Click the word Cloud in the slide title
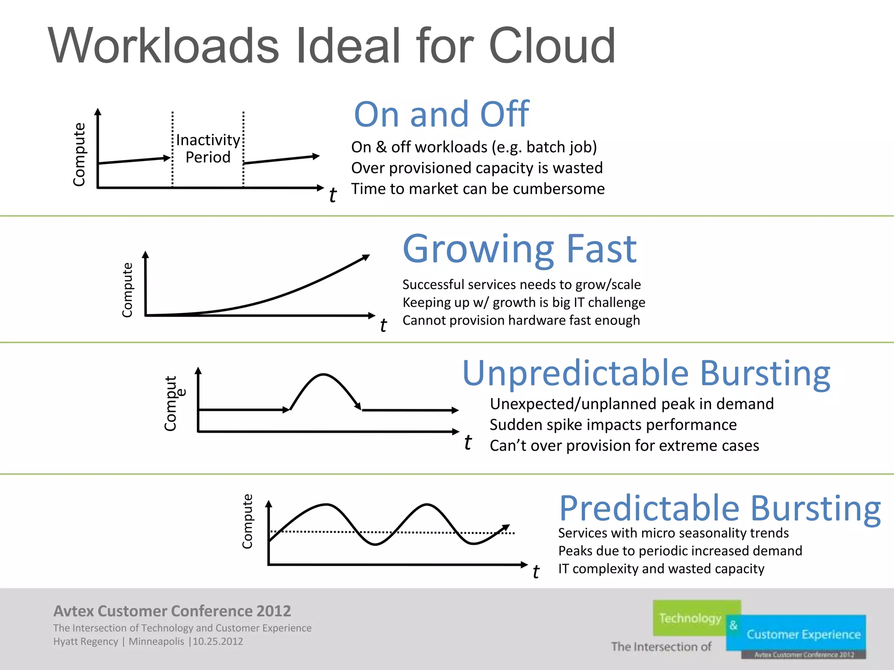[x=552, y=46]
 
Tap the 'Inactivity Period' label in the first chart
[x=208, y=148]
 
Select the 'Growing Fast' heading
[x=519, y=249]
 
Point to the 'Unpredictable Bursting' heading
[x=646, y=374]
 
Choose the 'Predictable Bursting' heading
[x=720, y=509]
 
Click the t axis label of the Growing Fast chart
[x=383, y=325]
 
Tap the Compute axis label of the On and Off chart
[x=79, y=154]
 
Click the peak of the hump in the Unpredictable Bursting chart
[x=323, y=375]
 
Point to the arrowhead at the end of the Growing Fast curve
[x=366, y=257]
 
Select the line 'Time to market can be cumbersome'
[x=478, y=189]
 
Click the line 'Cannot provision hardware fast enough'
[x=521, y=321]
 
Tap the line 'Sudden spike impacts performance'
[x=613, y=425]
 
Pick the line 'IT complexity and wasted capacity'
[x=661, y=569]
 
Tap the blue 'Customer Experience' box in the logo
[x=803, y=634]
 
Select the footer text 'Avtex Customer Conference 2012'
[x=172, y=611]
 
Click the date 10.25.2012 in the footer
[x=218, y=642]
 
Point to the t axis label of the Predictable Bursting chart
[x=536, y=572]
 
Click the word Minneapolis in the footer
[x=156, y=642]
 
